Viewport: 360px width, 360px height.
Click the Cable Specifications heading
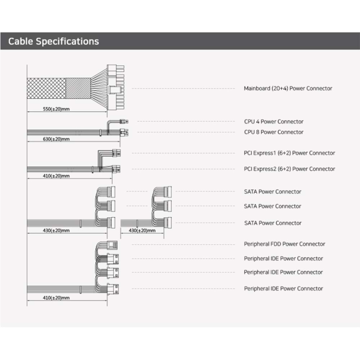click(53, 41)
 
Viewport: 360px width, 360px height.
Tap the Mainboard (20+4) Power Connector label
click(288, 88)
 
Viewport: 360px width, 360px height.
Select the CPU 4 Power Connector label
click(274, 122)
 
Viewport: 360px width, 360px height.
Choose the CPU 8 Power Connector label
click(274, 132)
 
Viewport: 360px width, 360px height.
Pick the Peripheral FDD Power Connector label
click(284, 244)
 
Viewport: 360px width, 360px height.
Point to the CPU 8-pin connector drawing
click(126, 132)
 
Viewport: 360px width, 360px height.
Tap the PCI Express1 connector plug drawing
click(116, 153)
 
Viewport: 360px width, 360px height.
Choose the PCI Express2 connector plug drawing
click(116, 168)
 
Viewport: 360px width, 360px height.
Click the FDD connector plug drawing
click(113, 244)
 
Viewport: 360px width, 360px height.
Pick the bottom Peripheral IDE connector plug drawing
click(114, 288)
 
